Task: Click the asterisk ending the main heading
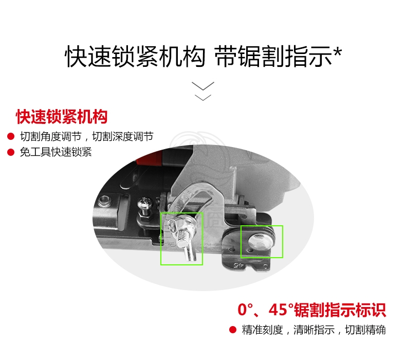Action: pos(338,52)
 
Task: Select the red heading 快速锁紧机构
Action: pos(62,117)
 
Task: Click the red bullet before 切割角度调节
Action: pos(11,136)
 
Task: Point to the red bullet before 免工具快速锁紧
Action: pos(11,152)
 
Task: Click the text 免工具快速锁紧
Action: pos(56,152)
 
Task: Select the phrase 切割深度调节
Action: pos(123,136)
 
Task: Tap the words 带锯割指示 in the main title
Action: pos(273,56)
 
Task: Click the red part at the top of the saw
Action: pos(149,159)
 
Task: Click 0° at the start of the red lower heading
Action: pos(245,310)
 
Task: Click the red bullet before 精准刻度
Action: pos(233,330)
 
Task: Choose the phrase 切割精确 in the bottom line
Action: pos(365,330)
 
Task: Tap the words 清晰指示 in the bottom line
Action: pos(314,330)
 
